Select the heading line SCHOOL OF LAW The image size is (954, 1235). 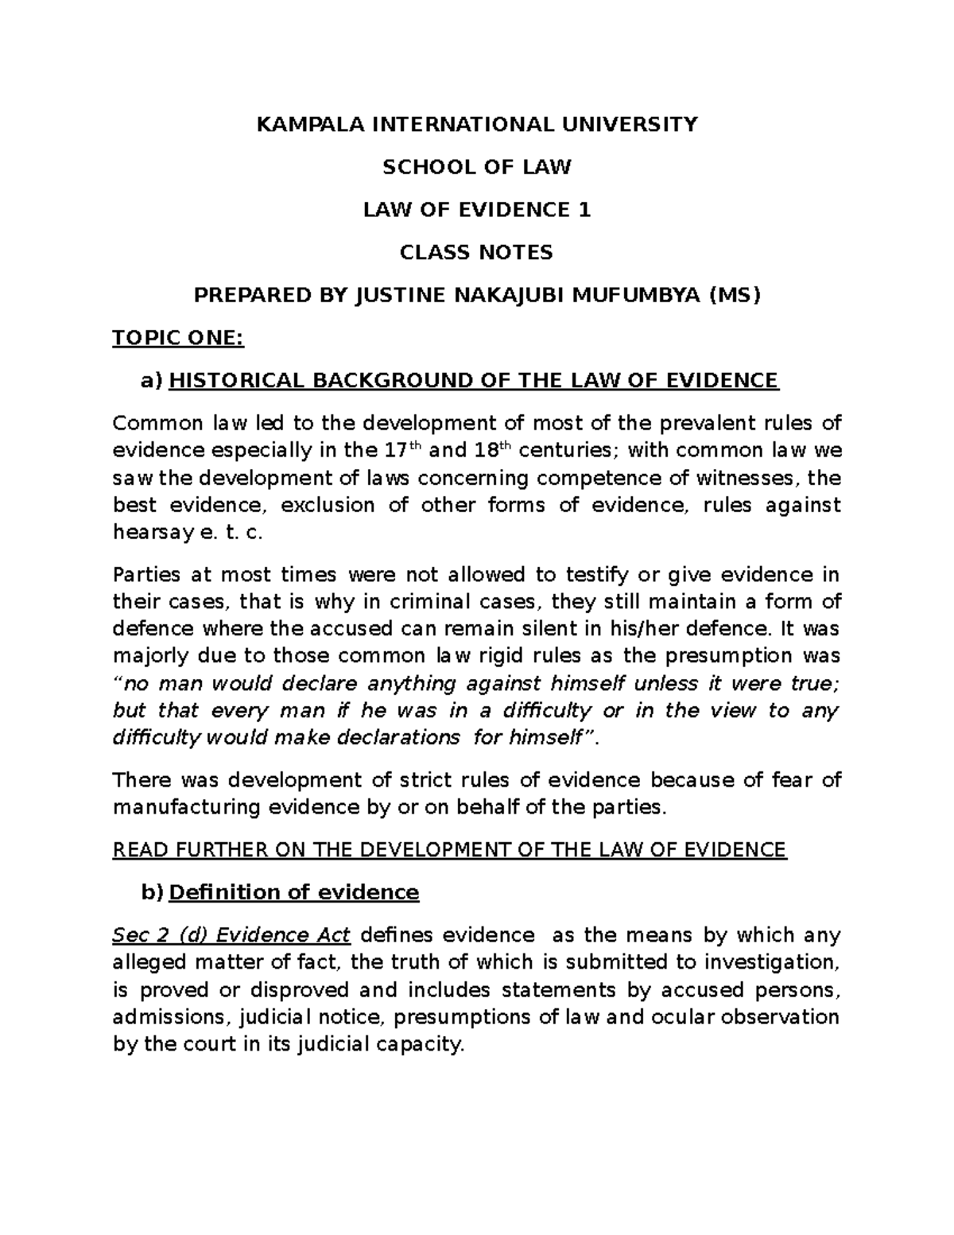point(477,167)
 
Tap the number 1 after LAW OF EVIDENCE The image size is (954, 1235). point(585,210)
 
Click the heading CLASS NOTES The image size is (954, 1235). point(477,253)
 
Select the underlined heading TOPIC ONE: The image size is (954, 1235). point(179,339)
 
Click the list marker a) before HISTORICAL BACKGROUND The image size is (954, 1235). point(151,381)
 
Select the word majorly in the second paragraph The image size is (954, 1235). point(152,656)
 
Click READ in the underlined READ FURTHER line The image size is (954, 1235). point(136,850)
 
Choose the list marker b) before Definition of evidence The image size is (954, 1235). point(152,892)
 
